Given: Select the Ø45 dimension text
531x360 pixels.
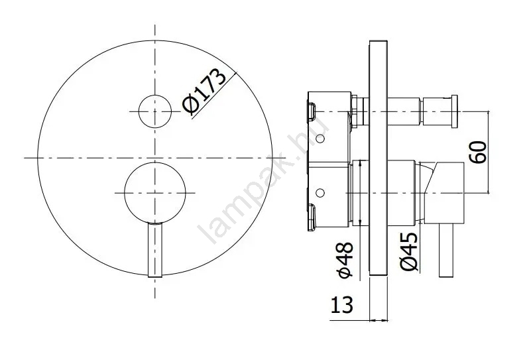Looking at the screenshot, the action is coord(408,251).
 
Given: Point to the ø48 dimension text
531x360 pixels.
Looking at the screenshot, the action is coord(346,260).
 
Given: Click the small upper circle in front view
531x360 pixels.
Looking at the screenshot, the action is coord(155,111).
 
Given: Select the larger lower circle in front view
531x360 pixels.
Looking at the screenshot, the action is coord(155,193).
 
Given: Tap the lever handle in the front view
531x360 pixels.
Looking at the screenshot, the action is coord(155,250).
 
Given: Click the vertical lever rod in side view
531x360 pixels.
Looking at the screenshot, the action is coord(446,251).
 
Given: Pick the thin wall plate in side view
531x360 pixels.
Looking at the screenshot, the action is coord(379,158).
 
